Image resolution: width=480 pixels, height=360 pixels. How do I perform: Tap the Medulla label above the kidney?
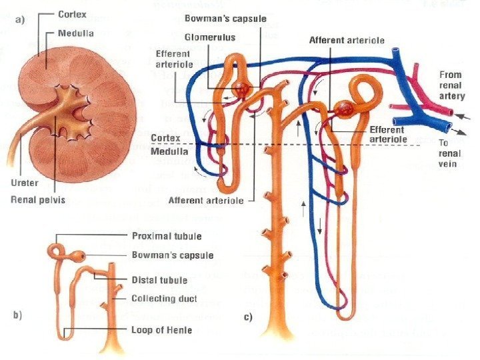point(76,32)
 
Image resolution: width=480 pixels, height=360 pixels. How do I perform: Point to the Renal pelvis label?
point(38,198)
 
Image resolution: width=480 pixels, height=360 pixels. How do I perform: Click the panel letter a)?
point(19,19)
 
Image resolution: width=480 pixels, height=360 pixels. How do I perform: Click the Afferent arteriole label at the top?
point(347,41)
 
